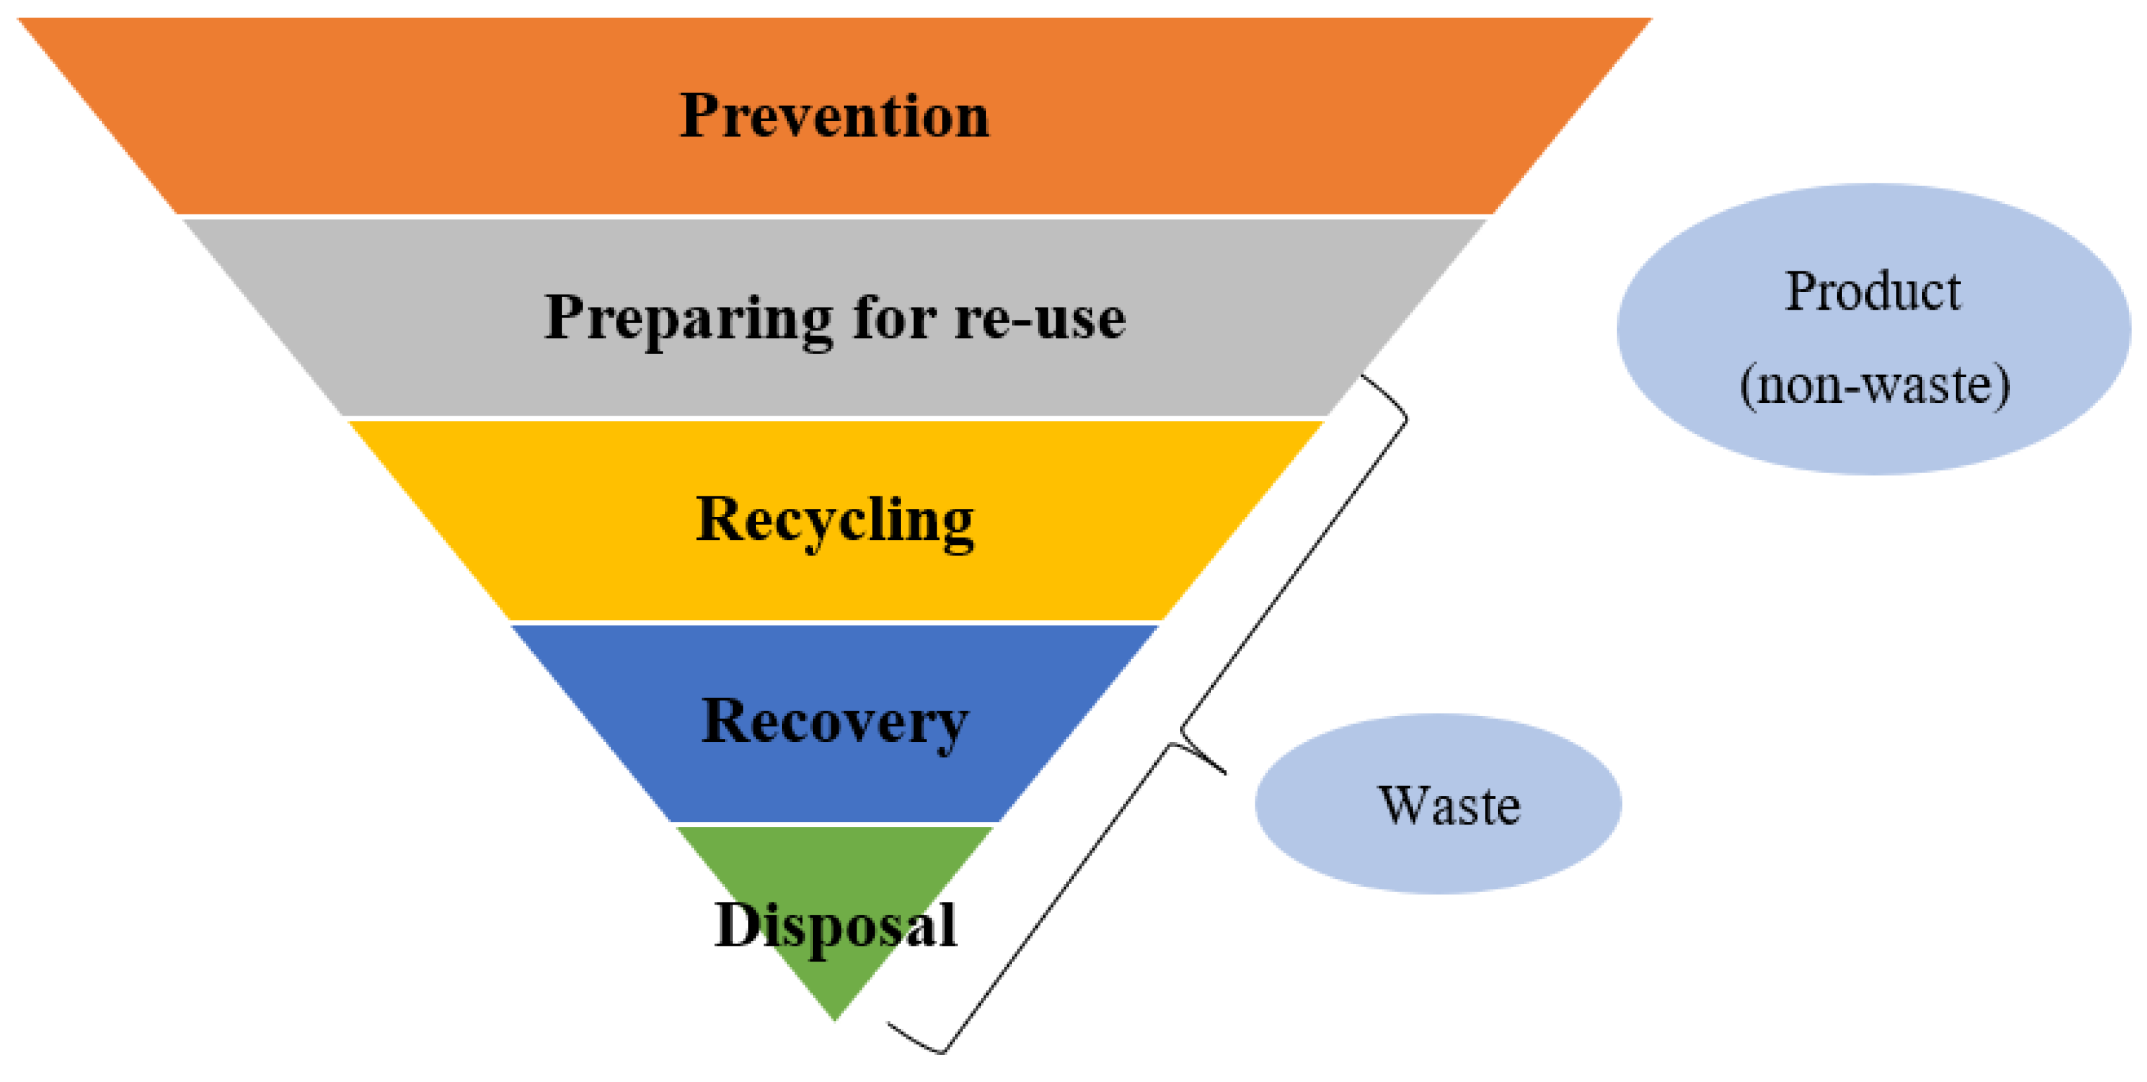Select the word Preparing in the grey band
click(689, 318)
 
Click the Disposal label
click(835, 925)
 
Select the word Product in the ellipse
click(1873, 292)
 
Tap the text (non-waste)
click(1874, 385)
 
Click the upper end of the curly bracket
click(1364, 377)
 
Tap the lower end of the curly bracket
click(888, 1024)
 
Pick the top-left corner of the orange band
click(19, 19)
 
